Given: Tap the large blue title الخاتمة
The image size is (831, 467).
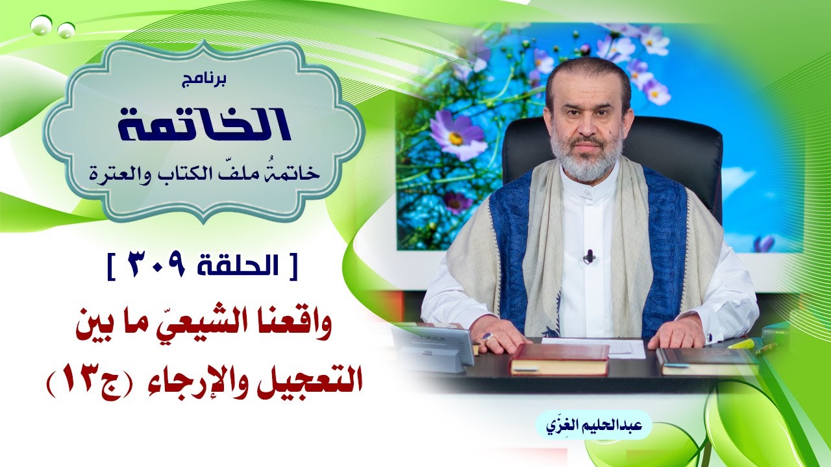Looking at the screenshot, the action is tap(205, 125).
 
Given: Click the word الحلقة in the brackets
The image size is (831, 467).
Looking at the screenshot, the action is tap(237, 265).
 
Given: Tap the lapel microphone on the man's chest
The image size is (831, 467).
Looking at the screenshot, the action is tap(589, 256).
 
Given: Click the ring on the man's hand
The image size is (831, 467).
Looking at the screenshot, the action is tap(488, 337).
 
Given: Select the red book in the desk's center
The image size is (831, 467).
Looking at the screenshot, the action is tap(560, 359).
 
